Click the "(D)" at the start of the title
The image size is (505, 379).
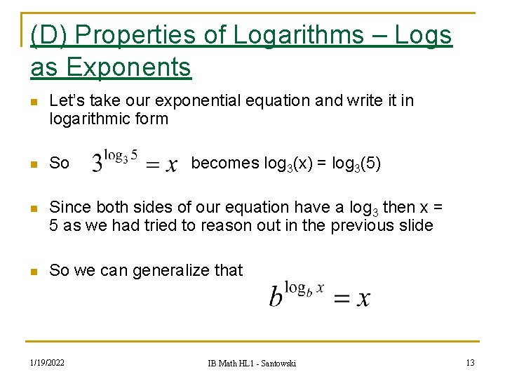48,35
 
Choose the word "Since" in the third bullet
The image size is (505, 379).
68,207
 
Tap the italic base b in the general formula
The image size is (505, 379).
276,297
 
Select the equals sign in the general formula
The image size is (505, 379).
342,299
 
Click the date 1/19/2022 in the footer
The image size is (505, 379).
47,362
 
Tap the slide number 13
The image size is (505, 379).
470,362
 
